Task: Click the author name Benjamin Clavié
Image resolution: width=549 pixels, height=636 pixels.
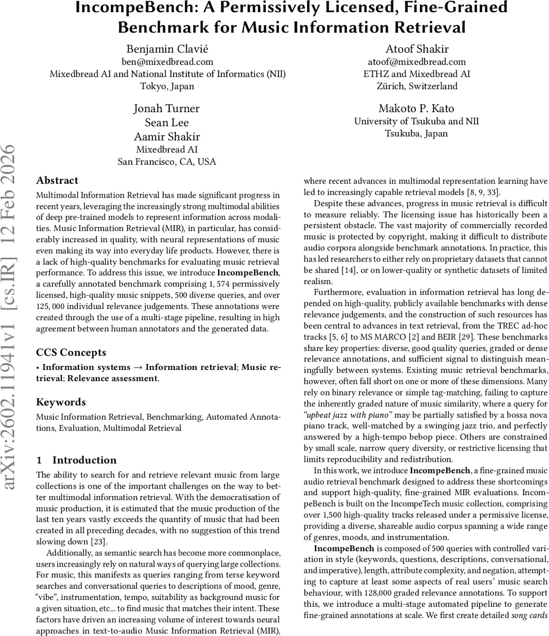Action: point(167,49)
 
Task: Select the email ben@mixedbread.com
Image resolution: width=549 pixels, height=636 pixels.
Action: point(167,61)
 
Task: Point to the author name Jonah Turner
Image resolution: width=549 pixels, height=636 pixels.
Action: point(167,109)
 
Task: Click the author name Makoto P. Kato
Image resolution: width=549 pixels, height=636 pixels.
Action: point(416,109)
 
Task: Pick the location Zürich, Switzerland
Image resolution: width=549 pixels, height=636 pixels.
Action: point(416,86)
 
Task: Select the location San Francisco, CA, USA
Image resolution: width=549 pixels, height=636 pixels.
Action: point(167,162)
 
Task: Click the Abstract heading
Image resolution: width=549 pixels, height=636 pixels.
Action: point(57,180)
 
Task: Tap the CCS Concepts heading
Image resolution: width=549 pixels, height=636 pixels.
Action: point(71,352)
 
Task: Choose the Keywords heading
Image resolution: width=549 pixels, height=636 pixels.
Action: point(61,402)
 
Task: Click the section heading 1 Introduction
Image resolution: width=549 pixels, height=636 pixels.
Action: point(76,460)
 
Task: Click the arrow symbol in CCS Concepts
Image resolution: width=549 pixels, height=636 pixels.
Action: point(138,367)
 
